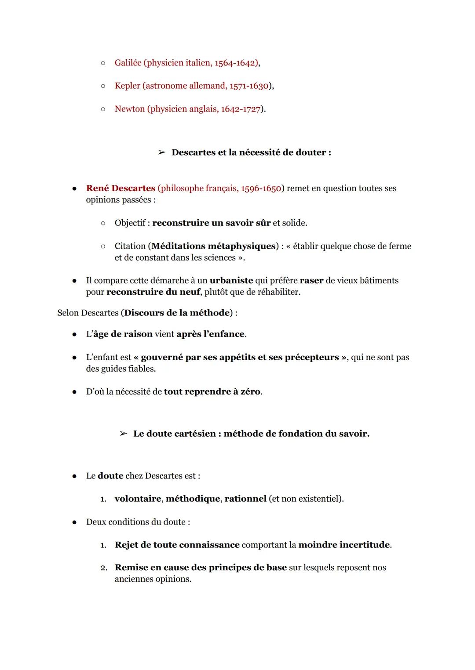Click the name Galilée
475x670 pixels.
click(128, 63)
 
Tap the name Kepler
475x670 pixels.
click(127, 86)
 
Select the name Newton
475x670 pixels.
click(129, 109)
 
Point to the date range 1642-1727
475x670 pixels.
click(241, 109)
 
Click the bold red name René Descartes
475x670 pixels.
click(121, 188)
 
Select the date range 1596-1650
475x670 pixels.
click(261, 188)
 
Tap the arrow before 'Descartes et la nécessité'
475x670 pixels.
click(161, 152)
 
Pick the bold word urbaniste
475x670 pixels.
click(231, 280)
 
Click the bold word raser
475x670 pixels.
click(311, 280)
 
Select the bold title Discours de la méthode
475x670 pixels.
click(177, 313)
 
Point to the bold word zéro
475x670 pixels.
click(250, 391)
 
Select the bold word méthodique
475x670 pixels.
click(192, 499)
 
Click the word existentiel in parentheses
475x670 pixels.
click(318, 499)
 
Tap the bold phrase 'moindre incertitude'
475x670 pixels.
click(344, 545)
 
